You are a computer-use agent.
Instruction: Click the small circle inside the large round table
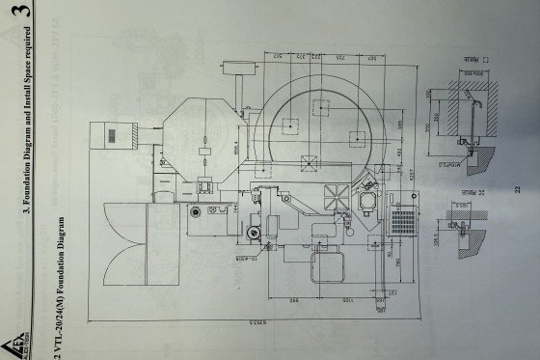(288, 125)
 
